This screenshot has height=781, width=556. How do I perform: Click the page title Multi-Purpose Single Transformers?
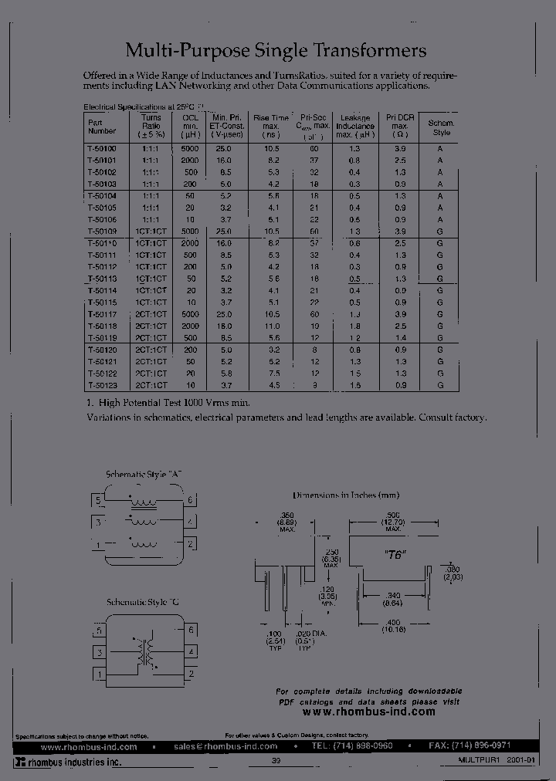(276, 51)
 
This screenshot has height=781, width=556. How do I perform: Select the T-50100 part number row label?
(102, 147)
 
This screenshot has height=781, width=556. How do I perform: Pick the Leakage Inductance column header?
(355, 126)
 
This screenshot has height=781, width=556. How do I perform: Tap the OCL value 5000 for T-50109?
(190, 232)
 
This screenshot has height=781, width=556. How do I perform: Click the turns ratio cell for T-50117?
(151, 315)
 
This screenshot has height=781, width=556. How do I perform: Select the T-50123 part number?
(102, 384)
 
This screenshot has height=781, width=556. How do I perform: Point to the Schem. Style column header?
(441, 127)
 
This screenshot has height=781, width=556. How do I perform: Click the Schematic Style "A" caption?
(144, 474)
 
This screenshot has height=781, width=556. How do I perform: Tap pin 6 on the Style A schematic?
(189, 501)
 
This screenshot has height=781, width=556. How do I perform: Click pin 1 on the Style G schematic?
(99, 675)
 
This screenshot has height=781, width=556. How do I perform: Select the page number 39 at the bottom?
(276, 762)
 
